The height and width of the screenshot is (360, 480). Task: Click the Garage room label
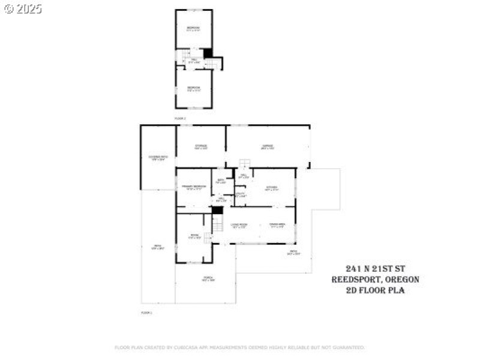tap(267, 147)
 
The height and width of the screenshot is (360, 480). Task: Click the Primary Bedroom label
tap(194, 188)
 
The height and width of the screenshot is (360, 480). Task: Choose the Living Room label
tap(239, 226)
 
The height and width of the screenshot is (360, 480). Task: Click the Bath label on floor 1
tap(221, 181)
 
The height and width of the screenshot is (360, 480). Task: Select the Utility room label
tap(240, 194)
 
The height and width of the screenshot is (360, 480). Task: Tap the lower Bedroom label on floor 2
tap(193, 89)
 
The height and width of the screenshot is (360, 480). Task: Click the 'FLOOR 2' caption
tap(180, 119)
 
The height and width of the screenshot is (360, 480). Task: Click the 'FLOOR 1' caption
tap(146, 313)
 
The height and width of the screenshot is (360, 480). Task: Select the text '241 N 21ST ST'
tap(375, 268)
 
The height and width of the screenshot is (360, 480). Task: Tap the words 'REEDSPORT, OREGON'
tap(375, 280)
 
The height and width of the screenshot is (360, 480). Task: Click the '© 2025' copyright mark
tap(23, 8)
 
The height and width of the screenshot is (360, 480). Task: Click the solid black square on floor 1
tap(217, 210)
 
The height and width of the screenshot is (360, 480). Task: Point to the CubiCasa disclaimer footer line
tap(239, 347)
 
